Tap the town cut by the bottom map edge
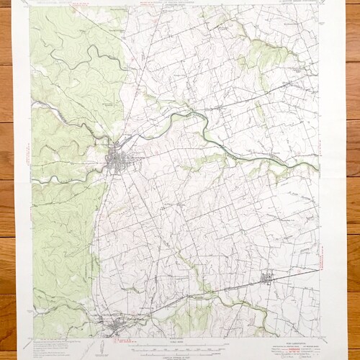[115, 330]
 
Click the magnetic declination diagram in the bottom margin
[100, 348]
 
